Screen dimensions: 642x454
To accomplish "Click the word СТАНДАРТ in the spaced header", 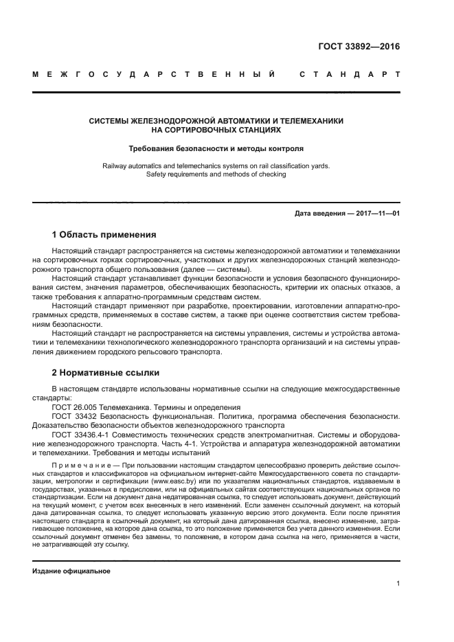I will point(349,73).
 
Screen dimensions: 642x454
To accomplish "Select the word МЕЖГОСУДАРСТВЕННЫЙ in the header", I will point(155,73).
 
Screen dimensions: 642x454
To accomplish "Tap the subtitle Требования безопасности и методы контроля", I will point(216,148).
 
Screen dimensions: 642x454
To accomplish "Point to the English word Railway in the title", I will point(116,165).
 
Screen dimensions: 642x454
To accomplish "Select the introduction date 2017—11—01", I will point(376,214).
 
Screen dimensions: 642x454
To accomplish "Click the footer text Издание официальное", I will point(71,571).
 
